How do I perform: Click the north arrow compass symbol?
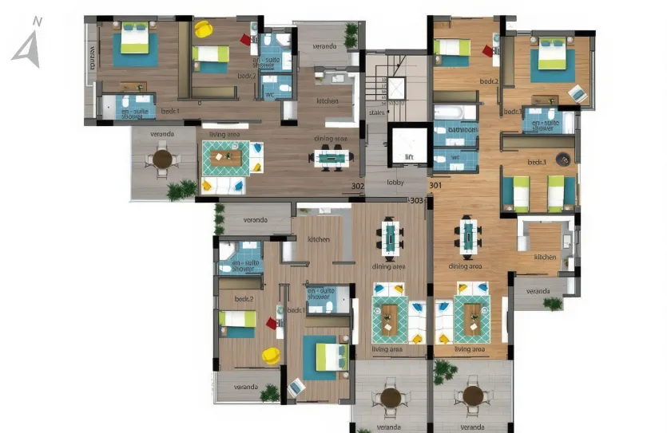pyautogui.click(x=26, y=43)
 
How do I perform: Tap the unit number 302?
pyautogui.click(x=358, y=187)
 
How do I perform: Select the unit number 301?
pyautogui.click(x=435, y=187)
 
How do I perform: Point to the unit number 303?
pyautogui.click(x=415, y=200)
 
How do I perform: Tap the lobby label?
pyautogui.click(x=395, y=182)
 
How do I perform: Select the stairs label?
pyautogui.click(x=377, y=112)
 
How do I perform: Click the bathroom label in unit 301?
pyautogui.click(x=455, y=128)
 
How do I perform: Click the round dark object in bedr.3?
pyautogui.click(x=564, y=159)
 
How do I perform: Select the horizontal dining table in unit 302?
pyautogui.click(x=330, y=158)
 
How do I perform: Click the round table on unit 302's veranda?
pyautogui.click(x=162, y=159)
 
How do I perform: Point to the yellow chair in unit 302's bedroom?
pyautogui.click(x=203, y=30)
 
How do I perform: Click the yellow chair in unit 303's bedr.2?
pyautogui.click(x=272, y=355)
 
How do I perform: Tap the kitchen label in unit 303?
pyautogui.click(x=319, y=239)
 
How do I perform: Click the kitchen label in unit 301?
pyautogui.click(x=545, y=257)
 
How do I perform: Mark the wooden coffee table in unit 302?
pyautogui.click(x=227, y=157)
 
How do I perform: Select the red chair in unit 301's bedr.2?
pyautogui.click(x=487, y=51)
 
